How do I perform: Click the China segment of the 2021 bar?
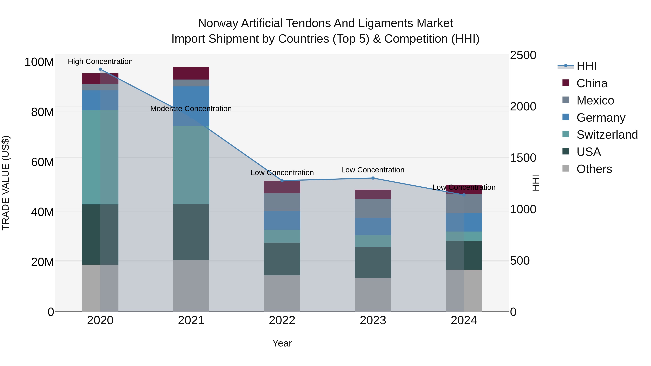click(x=191, y=73)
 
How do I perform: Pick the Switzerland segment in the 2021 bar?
click(x=191, y=165)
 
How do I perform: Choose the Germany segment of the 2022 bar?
click(x=282, y=220)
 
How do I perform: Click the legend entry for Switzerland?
click(x=607, y=135)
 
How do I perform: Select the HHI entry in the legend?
click(x=586, y=66)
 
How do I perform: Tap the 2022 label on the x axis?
click(x=282, y=320)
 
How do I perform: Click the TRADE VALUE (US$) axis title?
click(x=6, y=183)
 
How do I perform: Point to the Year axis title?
click(x=282, y=343)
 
